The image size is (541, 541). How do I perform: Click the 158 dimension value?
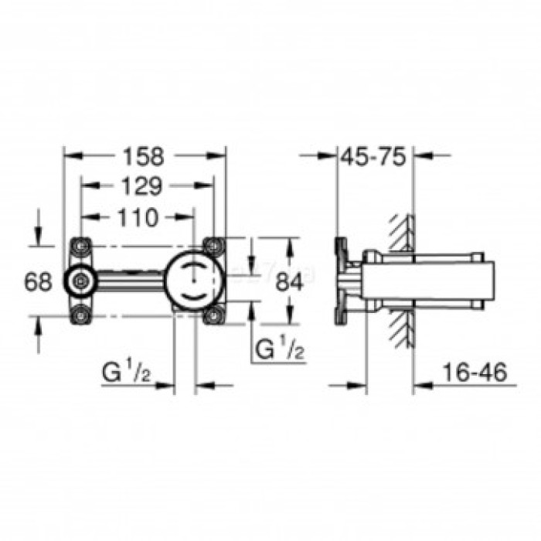click(x=144, y=156)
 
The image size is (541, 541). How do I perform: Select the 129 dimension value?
click(x=141, y=186)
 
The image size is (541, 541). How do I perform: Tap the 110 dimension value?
click(x=138, y=217)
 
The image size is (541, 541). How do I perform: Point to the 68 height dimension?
click(x=37, y=281)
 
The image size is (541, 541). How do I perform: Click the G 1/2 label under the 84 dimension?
click(x=279, y=350)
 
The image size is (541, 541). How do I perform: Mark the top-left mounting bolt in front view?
click(x=80, y=247)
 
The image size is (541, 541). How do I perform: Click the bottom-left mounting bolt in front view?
click(x=80, y=315)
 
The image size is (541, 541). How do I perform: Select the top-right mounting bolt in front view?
click(x=213, y=247)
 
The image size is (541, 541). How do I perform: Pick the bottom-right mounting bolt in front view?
click(x=213, y=315)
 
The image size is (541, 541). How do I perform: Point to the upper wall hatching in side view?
click(x=400, y=232)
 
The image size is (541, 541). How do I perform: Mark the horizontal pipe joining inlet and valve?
click(x=128, y=281)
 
